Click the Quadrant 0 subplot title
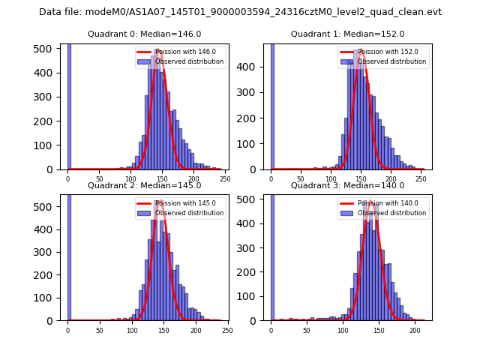point(145,34)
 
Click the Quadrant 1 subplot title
point(347,34)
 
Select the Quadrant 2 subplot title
point(145,185)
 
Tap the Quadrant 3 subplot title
point(347,185)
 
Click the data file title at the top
point(240,12)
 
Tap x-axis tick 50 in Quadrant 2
point(100,331)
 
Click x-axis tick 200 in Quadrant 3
point(415,331)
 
